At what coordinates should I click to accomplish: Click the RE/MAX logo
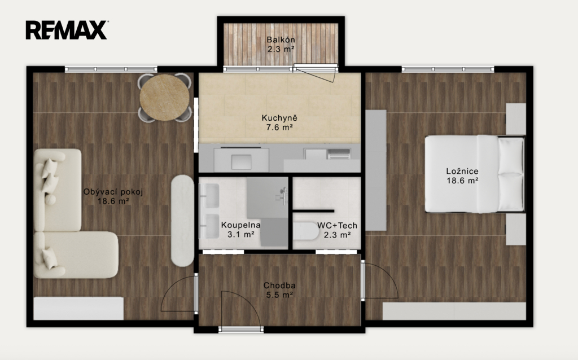67,30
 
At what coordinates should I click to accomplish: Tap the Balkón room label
281,39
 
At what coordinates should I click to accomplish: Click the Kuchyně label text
279,118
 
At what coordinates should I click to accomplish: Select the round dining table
164,98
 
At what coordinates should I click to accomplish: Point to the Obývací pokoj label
113,192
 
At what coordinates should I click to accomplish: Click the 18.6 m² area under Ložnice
462,181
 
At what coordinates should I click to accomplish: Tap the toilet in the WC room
306,231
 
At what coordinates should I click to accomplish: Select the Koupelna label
240,225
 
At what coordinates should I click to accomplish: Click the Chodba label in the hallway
279,286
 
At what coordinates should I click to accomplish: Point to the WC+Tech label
338,225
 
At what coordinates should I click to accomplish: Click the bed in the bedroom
474,174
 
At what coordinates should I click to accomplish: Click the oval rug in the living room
182,221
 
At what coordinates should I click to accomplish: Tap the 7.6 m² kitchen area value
279,128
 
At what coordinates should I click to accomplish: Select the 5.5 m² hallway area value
279,295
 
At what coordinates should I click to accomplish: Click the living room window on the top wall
111,69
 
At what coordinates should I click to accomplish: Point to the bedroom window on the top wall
448,69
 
